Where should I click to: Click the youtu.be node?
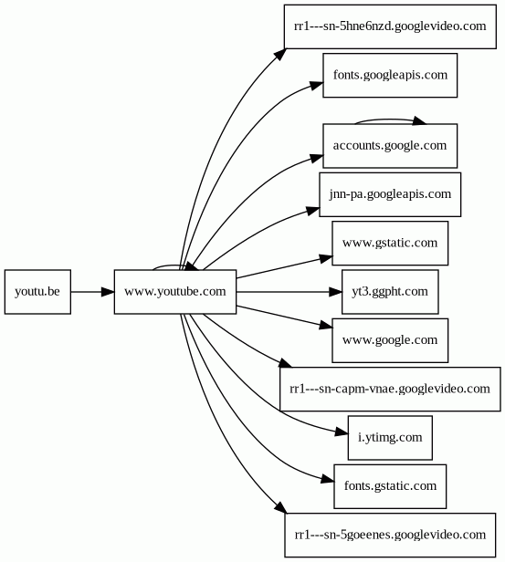point(37,292)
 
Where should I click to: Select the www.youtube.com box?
point(175,292)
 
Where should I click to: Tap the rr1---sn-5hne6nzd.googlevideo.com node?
point(390,26)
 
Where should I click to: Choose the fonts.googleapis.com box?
point(390,75)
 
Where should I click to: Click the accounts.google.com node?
point(390,146)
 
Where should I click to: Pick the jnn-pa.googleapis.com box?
point(390,194)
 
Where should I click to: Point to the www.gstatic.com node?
point(390,244)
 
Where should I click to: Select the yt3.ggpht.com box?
point(390,292)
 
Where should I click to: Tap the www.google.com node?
point(390,340)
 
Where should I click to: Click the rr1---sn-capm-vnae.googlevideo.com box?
point(390,390)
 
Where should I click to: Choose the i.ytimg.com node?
point(390,438)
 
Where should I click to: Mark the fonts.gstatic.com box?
point(390,486)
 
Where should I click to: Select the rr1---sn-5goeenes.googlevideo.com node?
point(390,536)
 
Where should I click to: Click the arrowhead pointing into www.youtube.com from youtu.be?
point(108,292)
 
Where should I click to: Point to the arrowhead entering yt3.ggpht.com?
point(336,292)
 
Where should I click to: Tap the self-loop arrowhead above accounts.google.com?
point(419,120)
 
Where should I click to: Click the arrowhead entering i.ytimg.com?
point(342,432)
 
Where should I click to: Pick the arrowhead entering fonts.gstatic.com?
point(328,479)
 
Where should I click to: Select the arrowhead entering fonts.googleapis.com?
point(317,86)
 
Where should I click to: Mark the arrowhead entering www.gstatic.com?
point(326,258)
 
